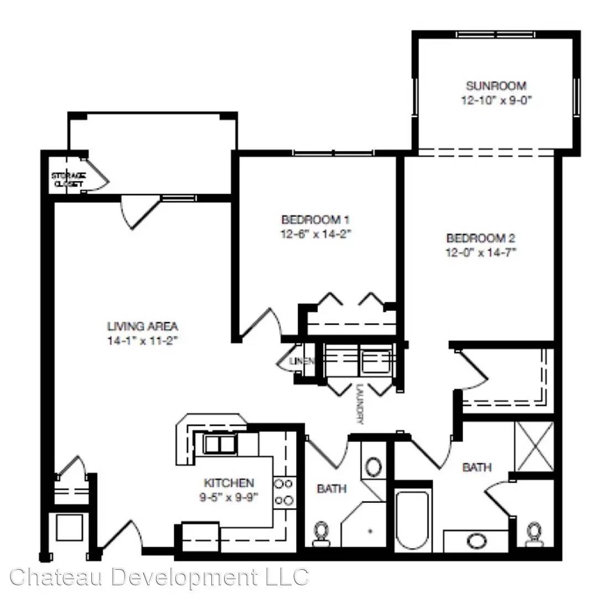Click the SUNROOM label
tap(496, 86)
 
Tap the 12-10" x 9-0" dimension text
tap(496, 100)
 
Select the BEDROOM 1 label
tap(315, 220)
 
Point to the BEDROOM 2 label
tap(481, 238)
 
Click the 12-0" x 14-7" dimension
tap(481, 252)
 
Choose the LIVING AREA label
tap(142, 327)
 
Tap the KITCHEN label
tap(229, 483)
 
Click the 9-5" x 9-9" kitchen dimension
tap(229, 497)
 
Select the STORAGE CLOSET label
tap(69, 180)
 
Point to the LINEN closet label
tap(302, 362)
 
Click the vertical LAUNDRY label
tap(360, 404)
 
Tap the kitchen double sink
tap(220, 444)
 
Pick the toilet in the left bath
tap(321, 534)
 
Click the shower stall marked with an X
tap(535, 446)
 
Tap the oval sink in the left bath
tap(373, 467)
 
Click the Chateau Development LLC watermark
tap(159, 577)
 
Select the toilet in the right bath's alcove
tap(535, 534)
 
